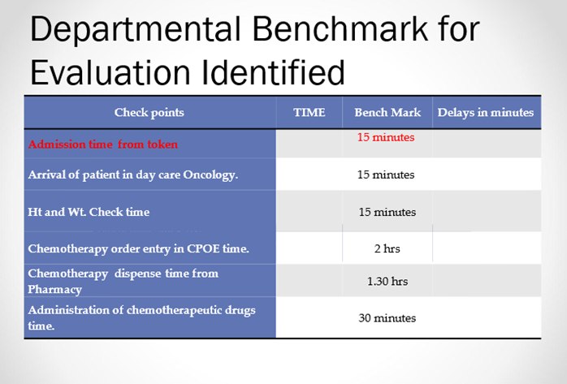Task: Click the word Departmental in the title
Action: pyautogui.click(x=135, y=30)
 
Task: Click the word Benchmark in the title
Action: pyautogui.click(x=340, y=28)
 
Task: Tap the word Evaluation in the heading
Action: pyautogui.click(x=110, y=72)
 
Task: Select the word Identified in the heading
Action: pyautogui.click(x=273, y=72)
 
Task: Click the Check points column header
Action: pyautogui.click(x=149, y=112)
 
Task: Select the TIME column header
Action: pyautogui.click(x=309, y=112)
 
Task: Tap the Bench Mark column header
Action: pyautogui.click(x=387, y=112)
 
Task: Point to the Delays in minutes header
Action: pyautogui.click(x=486, y=112)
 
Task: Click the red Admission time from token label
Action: pyautogui.click(x=103, y=145)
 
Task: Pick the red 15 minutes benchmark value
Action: pyautogui.click(x=386, y=137)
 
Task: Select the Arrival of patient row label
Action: pyautogui.click(x=132, y=175)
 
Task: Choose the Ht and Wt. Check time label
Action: pyautogui.click(x=89, y=212)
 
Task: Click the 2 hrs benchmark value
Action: pyautogui.click(x=387, y=248)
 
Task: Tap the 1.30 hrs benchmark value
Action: pyautogui.click(x=387, y=281)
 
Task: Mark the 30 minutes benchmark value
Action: pyautogui.click(x=387, y=318)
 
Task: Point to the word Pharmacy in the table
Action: pyautogui.click(x=55, y=290)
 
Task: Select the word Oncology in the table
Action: pyautogui.click(x=210, y=175)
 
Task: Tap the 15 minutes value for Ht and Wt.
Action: pyautogui.click(x=387, y=212)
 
